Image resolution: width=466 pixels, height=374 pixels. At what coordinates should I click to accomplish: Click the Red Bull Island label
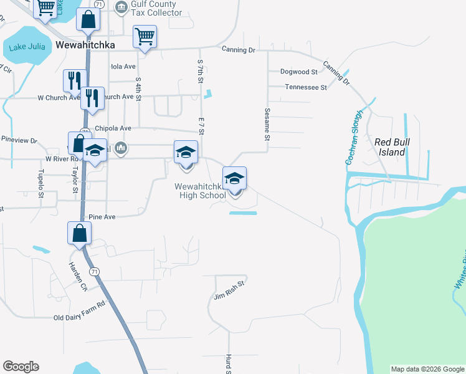391,147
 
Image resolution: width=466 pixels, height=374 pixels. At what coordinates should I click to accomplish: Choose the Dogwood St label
299,72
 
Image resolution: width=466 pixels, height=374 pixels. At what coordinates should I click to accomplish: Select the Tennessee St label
306,88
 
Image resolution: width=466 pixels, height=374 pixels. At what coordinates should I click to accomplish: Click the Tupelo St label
41,183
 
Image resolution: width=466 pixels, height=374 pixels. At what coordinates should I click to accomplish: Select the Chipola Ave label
113,128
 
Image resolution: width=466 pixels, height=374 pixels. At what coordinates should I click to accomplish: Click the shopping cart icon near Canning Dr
145,36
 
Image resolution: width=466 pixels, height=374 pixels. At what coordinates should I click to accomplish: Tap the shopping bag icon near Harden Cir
80,234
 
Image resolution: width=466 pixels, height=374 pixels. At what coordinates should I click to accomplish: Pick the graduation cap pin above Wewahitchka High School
235,178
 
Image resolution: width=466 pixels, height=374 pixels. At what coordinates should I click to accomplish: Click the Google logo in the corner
21,367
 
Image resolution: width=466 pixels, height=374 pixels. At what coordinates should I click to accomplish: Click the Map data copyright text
427,369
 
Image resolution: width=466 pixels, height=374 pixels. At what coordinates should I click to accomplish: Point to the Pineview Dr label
19,141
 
